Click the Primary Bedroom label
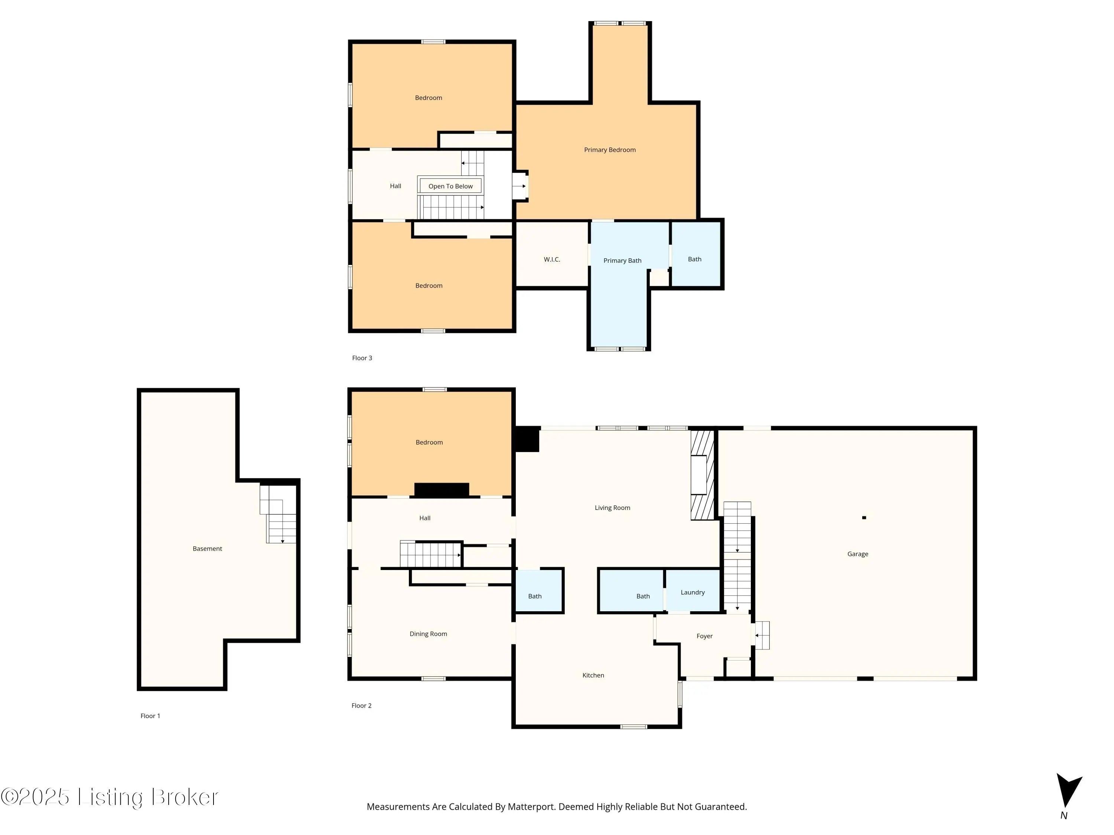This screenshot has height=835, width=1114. tap(610, 150)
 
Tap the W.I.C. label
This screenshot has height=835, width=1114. tap(552, 260)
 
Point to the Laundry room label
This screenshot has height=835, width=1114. tap(693, 592)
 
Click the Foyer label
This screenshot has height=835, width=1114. tap(704, 636)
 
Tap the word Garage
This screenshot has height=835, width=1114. tap(858, 554)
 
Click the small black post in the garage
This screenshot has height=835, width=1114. tap(864, 517)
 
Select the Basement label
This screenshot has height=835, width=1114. tap(208, 549)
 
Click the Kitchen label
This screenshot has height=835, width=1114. tap(593, 675)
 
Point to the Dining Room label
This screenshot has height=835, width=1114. tap(428, 634)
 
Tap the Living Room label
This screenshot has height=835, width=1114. tap(612, 508)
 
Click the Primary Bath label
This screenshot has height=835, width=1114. tap(622, 261)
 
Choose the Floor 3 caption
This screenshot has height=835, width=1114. tap(362, 358)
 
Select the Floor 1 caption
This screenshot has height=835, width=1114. tap(150, 716)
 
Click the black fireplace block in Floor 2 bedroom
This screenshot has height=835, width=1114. tap(442, 489)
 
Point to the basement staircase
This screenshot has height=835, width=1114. tap(278, 514)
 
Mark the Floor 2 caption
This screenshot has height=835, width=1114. tap(362, 705)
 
